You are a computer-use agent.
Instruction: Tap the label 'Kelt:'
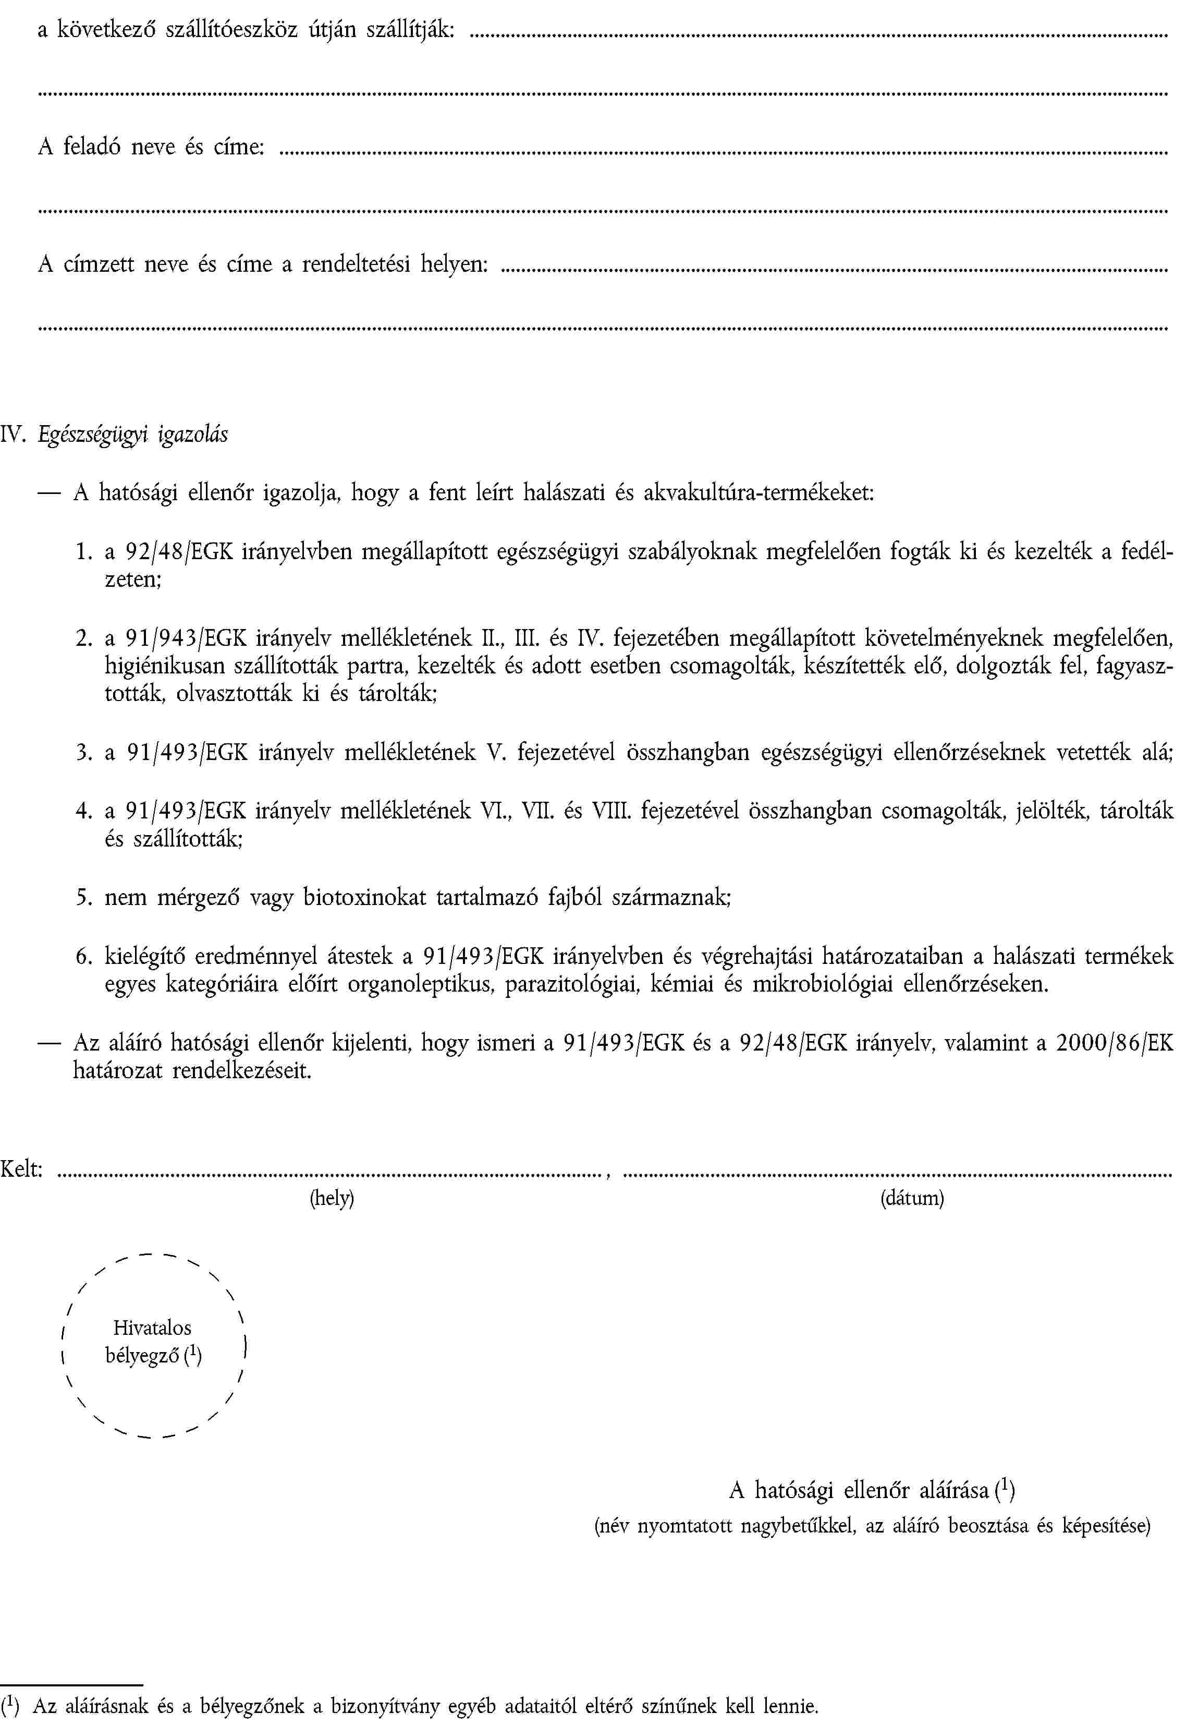click(21, 1169)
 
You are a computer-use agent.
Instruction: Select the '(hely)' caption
click(332, 1199)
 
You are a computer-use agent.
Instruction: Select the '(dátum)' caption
click(912, 1199)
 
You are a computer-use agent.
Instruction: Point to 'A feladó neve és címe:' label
click(151, 147)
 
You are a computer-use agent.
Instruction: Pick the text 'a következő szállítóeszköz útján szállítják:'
click(246, 30)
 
